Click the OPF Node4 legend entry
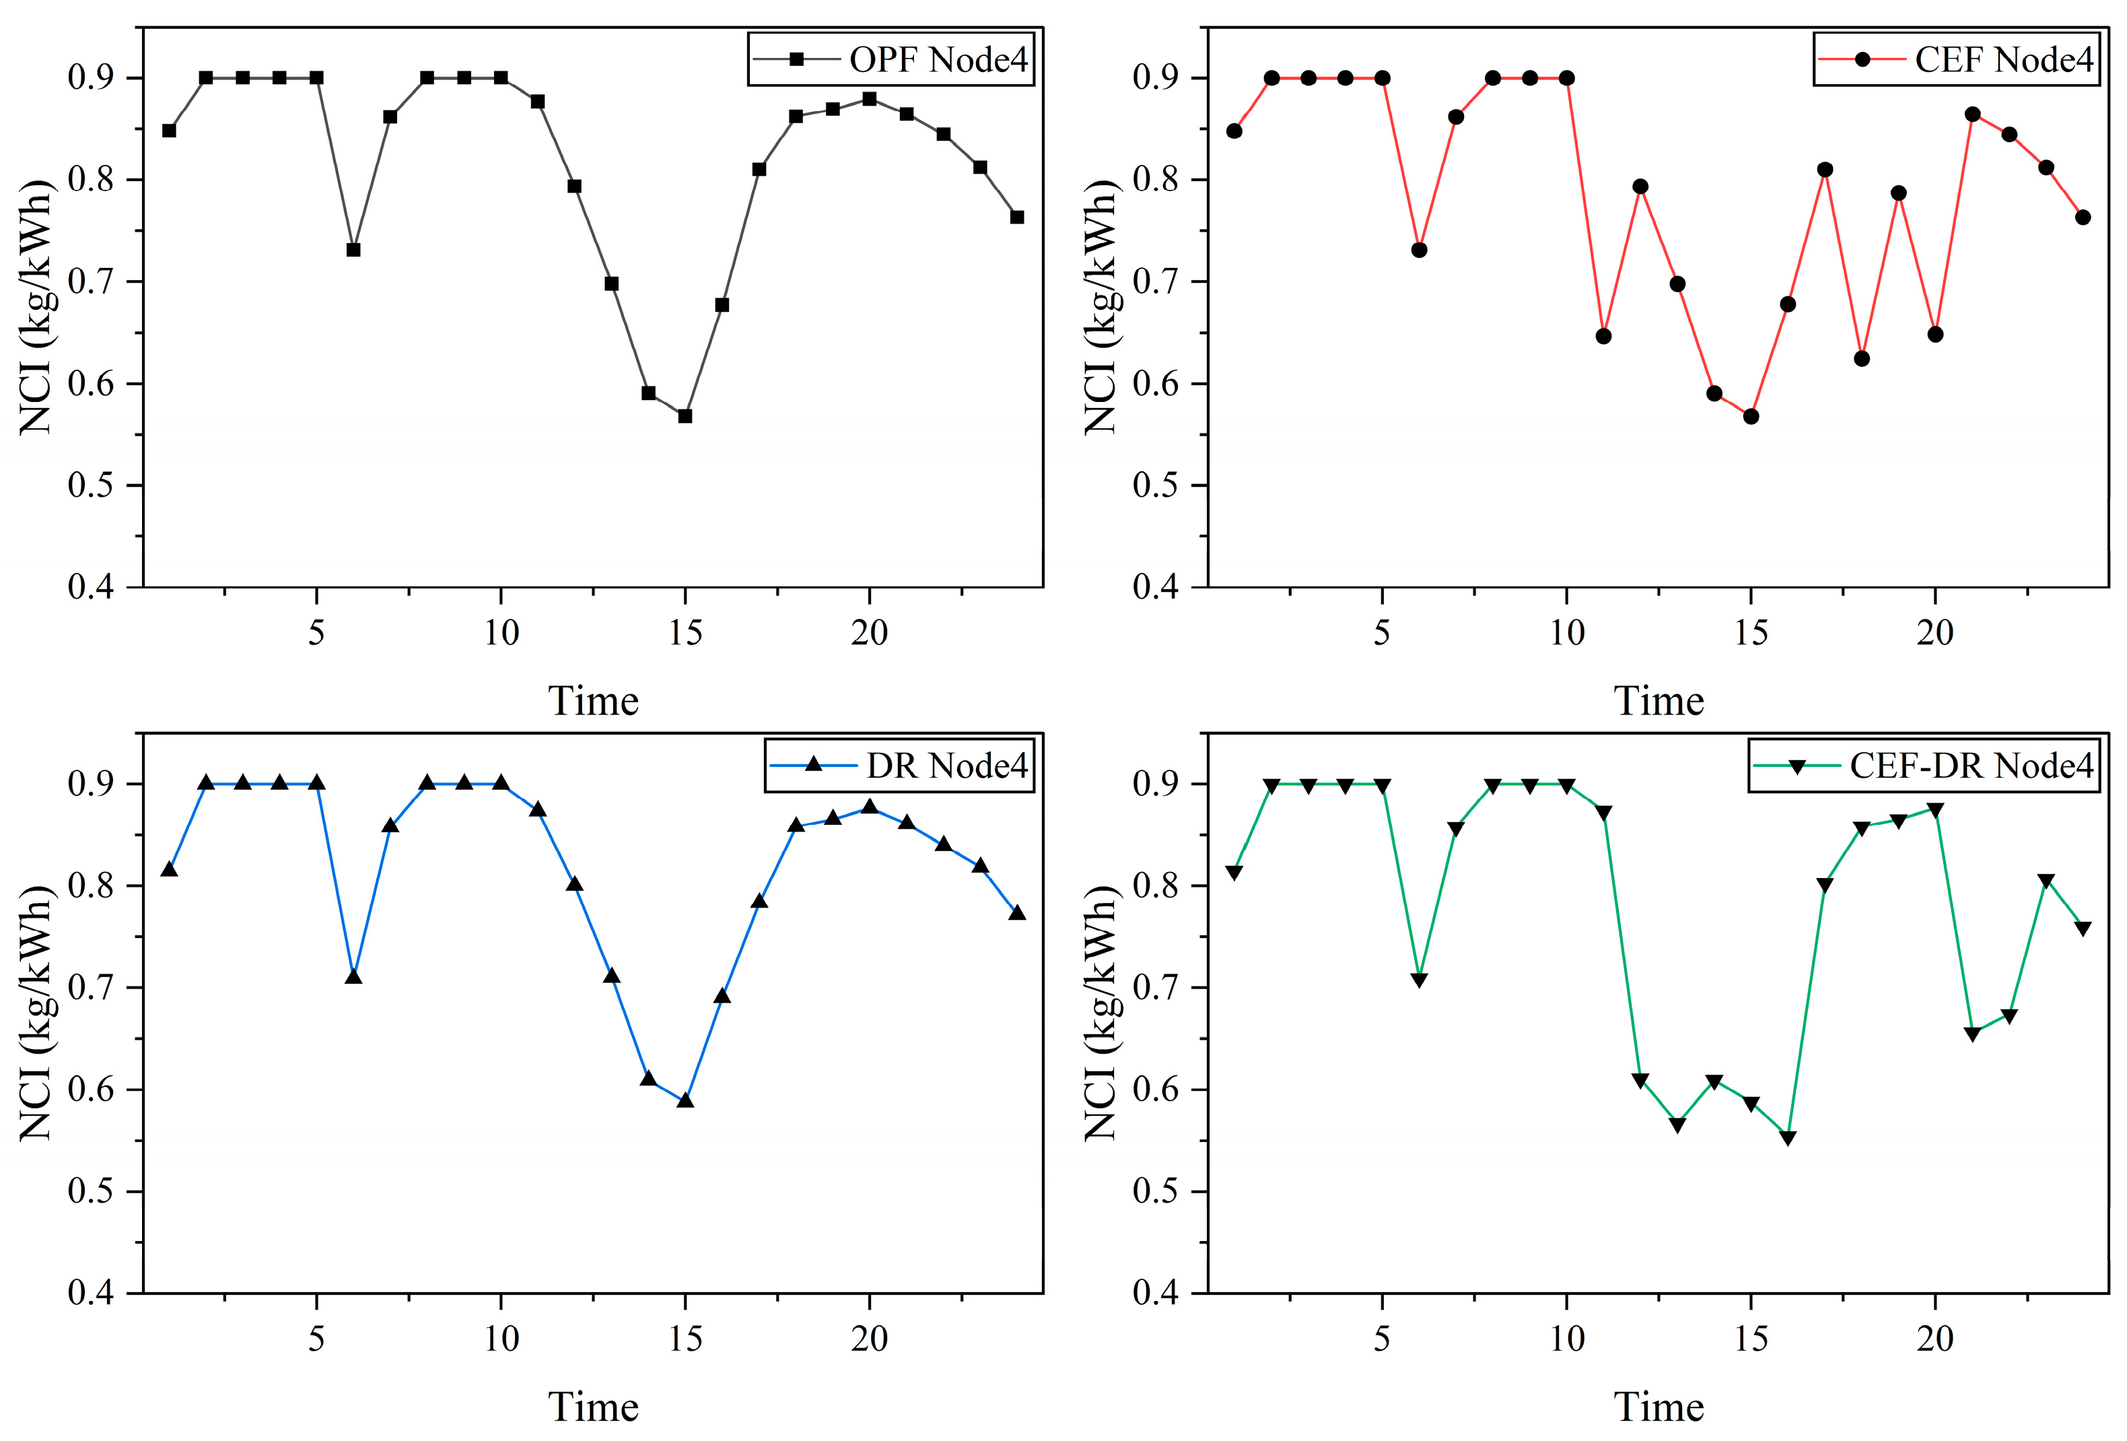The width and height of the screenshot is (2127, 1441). tap(891, 59)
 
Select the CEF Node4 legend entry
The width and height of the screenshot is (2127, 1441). tap(1956, 59)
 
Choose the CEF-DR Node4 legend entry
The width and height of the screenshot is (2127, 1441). tap(1924, 766)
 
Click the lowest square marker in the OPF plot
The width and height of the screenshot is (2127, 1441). tap(685, 415)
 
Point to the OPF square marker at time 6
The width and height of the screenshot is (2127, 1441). tap(353, 250)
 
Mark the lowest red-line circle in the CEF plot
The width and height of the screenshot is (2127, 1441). tap(1751, 417)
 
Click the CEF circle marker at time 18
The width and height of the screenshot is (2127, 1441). tap(1862, 359)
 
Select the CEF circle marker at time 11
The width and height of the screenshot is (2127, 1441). tap(1603, 336)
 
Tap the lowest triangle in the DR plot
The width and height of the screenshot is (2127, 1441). tap(685, 1100)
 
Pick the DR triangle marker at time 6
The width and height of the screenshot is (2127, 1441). tap(353, 977)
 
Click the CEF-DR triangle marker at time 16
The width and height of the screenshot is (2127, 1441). tap(1788, 1138)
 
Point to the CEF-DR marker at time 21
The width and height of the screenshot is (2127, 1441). tap(1972, 1034)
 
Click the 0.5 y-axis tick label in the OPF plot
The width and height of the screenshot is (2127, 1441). tap(91, 485)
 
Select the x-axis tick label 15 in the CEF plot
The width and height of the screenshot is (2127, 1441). tap(1751, 632)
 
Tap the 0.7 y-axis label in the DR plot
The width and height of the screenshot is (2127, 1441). tap(91, 988)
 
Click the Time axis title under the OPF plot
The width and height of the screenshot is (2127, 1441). tap(593, 701)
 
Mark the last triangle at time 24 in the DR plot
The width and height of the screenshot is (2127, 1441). tap(1017, 913)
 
